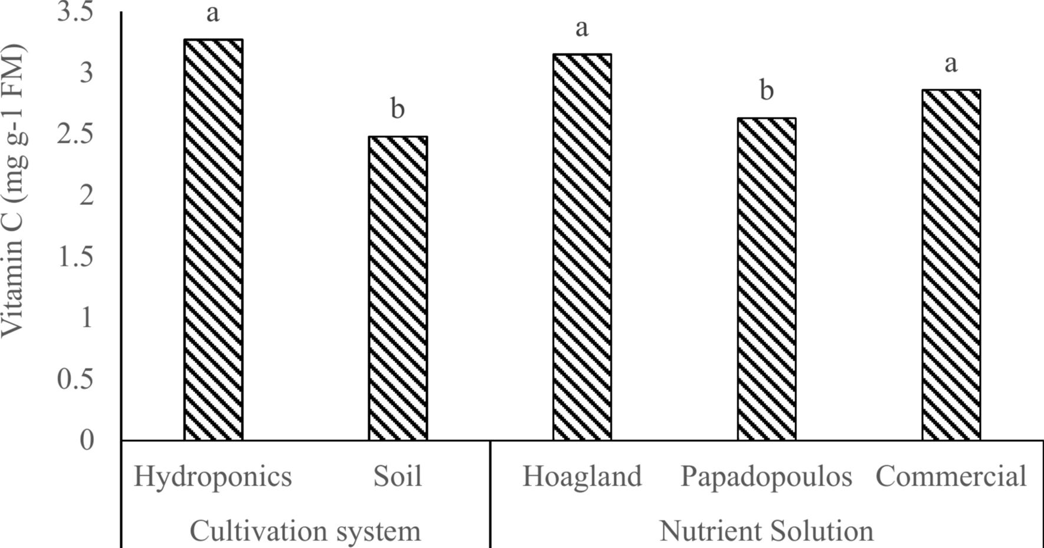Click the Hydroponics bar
click(x=213, y=239)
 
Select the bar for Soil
click(x=398, y=288)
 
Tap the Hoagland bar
click(x=582, y=247)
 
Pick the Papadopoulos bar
click(x=766, y=279)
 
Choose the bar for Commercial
click(x=951, y=265)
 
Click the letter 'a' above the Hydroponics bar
click(x=213, y=13)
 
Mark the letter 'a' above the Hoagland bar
click(x=582, y=28)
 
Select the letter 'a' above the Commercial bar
click(x=951, y=64)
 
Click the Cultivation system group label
click(x=305, y=531)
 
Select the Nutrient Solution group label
click(x=766, y=531)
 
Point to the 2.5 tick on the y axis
click(x=75, y=135)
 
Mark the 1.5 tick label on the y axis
click(x=75, y=258)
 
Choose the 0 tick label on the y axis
click(x=87, y=440)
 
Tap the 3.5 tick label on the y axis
click(x=75, y=12)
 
